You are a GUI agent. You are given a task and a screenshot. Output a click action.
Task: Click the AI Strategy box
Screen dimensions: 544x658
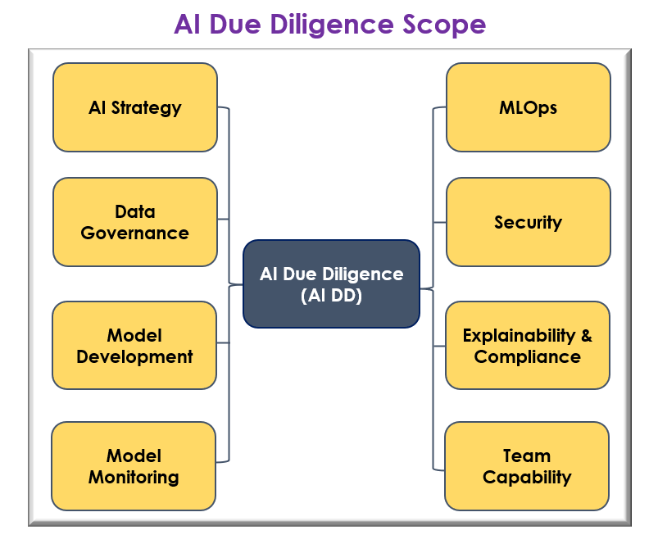(x=135, y=107)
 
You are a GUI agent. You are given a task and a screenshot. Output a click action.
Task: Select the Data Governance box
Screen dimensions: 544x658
(x=135, y=222)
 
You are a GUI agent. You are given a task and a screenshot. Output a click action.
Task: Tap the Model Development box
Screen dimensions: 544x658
(x=134, y=346)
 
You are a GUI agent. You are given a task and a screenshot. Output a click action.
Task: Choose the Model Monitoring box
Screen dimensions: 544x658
(x=134, y=465)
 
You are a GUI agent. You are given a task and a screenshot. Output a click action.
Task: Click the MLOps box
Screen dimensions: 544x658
(x=528, y=107)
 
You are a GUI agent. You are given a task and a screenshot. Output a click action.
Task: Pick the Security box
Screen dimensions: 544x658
(x=528, y=222)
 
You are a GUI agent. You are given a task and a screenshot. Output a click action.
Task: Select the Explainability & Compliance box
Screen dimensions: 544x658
(x=528, y=346)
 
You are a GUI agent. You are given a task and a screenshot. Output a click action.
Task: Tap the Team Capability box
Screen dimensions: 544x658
(x=527, y=465)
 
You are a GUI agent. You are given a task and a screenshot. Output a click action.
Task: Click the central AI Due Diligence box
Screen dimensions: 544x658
(x=331, y=284)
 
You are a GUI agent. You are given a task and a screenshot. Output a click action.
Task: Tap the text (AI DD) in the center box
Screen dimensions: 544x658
(x=331, y=296)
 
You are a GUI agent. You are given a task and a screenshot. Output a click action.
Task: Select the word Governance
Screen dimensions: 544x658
(x=135, y=233)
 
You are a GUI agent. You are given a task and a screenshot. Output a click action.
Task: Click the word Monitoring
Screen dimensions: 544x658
(x=134, y=477)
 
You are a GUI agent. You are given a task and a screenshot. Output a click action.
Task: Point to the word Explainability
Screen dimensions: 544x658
(x=520, y=335)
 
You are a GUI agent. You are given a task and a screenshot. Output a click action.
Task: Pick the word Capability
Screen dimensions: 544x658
(x=527, y=477)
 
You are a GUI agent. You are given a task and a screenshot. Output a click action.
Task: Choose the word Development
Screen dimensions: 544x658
(x=134, y=356)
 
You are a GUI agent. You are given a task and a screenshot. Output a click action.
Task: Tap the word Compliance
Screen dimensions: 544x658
(x=528, y=356)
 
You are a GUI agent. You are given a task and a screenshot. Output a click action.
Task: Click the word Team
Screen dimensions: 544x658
(x=527, y=456)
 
